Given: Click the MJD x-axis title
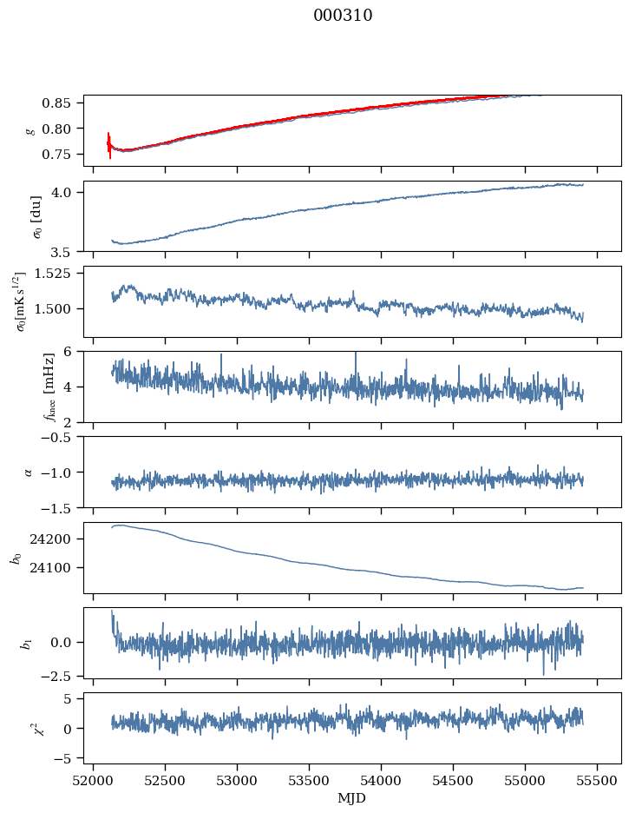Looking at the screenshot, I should click(352, 797).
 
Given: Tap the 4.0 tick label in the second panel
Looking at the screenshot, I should click(69, 192).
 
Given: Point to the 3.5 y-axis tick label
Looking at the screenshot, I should click(69, 252).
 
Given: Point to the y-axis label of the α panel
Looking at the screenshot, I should click(28, 472).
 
